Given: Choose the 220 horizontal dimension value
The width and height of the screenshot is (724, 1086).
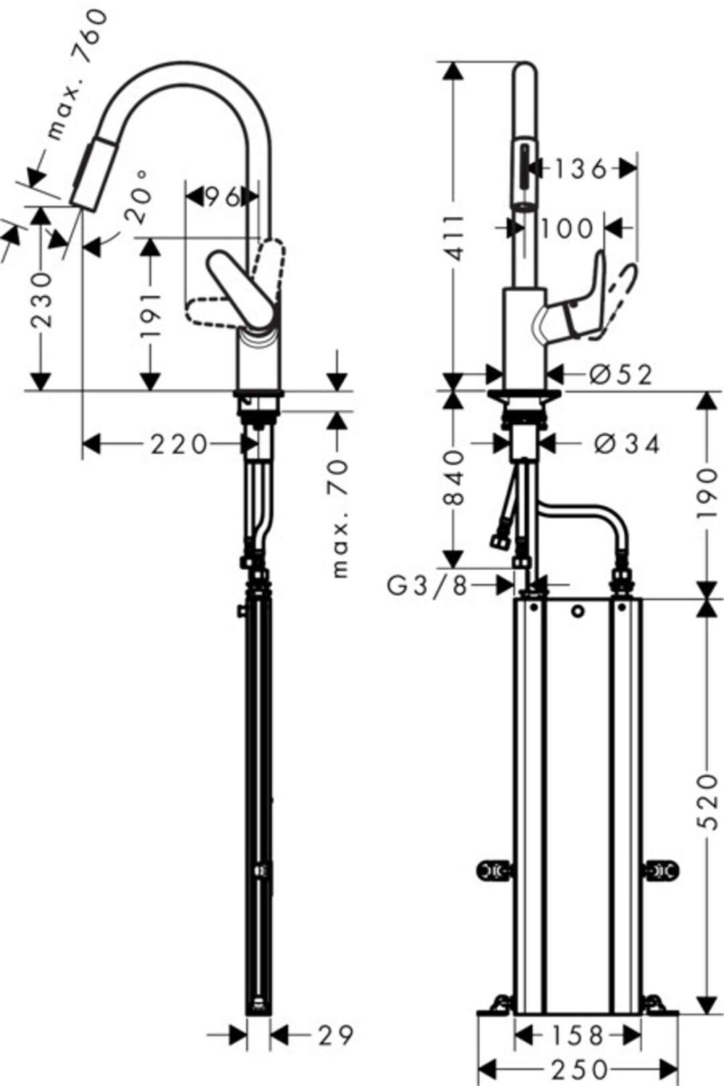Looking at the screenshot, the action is tap(179, 444).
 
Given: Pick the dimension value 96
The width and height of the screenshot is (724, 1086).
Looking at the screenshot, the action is tap(221, 196).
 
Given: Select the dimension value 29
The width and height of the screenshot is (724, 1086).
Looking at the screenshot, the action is tap(336, 1035).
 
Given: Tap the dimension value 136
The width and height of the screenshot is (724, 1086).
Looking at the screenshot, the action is tap(579, 169).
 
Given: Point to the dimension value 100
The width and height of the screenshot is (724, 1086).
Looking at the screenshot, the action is tap(566, 229).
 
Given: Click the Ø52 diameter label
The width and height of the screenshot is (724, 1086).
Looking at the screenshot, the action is tap(620, 374).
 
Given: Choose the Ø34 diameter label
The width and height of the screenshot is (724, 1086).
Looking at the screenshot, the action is tap(627, 444).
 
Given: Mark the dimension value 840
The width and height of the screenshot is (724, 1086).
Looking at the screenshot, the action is tap(454, 477).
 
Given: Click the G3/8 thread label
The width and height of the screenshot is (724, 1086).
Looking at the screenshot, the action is tap(428, 585).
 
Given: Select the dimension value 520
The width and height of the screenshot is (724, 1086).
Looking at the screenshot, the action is tap(708, 801).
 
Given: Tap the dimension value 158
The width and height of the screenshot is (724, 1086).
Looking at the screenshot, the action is tap(576, 1035).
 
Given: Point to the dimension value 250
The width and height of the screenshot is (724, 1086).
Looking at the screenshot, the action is tap(578, 1069).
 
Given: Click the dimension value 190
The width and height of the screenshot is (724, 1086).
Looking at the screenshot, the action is tap(708, 494).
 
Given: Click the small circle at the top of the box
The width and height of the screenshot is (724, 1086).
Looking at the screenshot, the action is tap(576, 612).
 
